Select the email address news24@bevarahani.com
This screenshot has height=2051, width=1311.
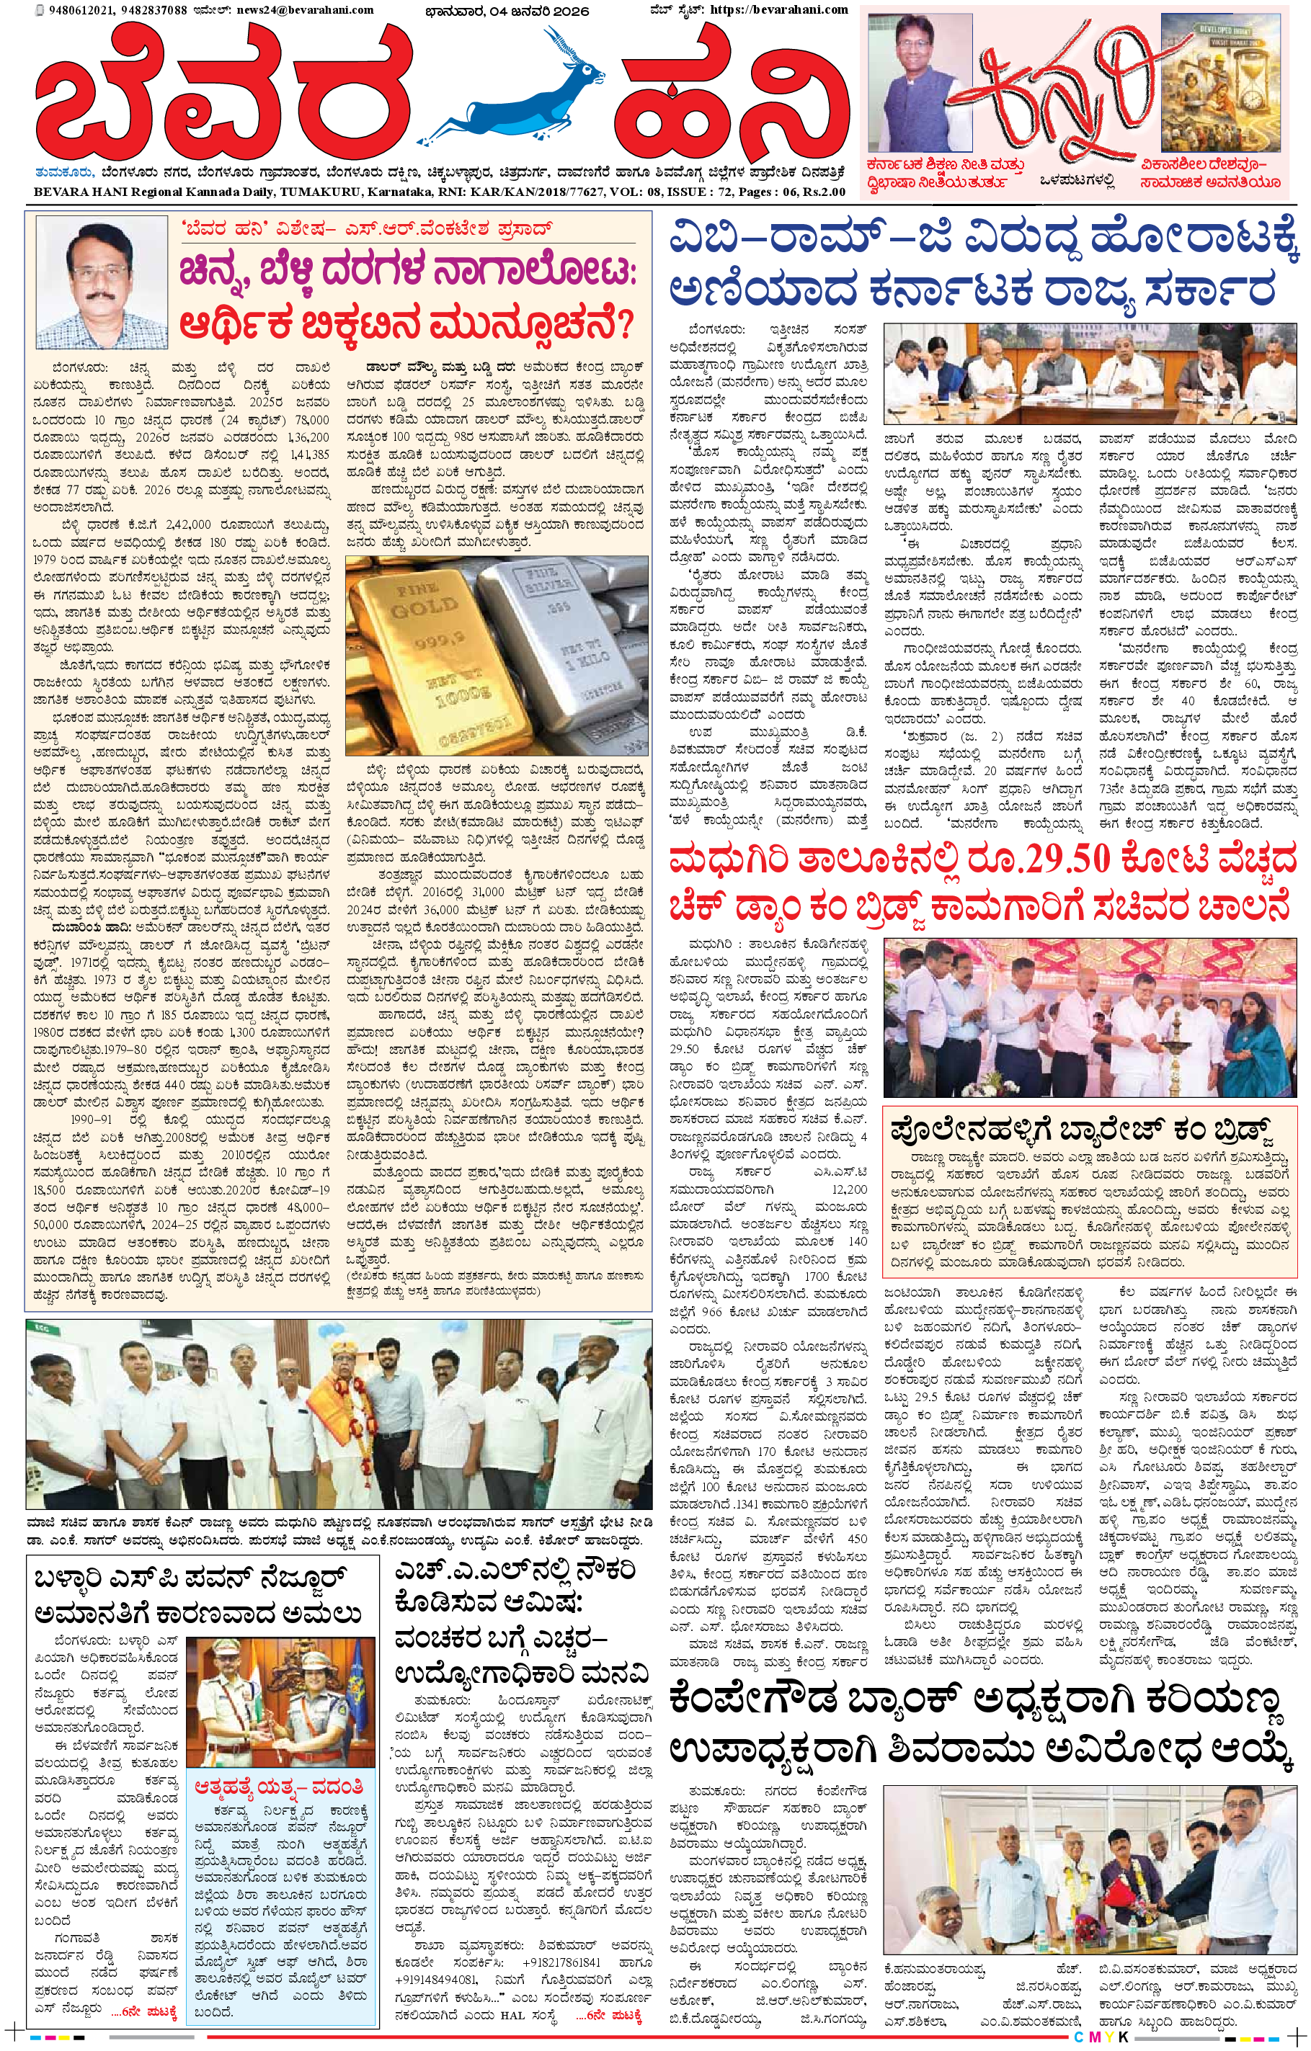[319, 9]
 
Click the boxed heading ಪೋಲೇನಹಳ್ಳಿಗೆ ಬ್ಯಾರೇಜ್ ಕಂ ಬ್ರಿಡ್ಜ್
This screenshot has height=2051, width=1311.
[1081, 1132]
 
